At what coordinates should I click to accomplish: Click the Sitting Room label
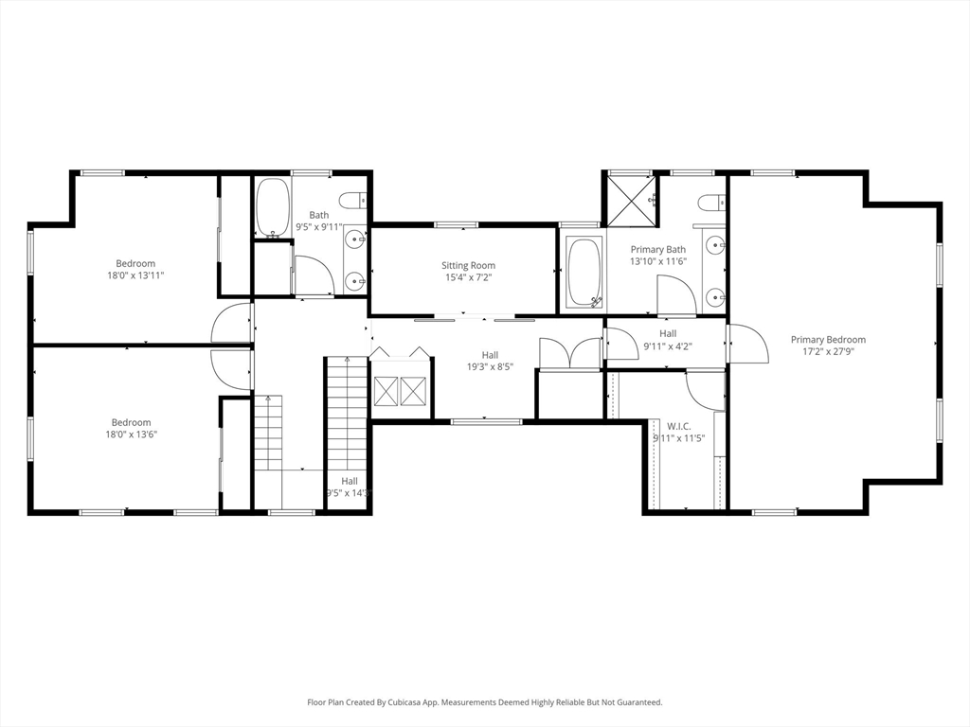tap(468, 266)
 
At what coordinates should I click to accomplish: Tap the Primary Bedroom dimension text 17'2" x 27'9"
tap(828, 352)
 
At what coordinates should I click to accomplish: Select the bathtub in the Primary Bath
tap(584, 273)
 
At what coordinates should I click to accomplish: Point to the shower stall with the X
tap(632, 201)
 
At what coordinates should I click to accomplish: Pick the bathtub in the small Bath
tap(272, 207)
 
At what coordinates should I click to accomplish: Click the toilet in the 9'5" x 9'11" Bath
tap(352, 201)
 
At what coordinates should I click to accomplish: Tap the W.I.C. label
tap(678, 427)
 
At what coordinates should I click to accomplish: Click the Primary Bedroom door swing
tap(747, 343)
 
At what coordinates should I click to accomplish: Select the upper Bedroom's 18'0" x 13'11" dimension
tap(135, 275)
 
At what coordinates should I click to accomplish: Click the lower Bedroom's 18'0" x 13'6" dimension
tap(131, 434)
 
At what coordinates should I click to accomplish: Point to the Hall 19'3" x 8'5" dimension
tap(490, 366)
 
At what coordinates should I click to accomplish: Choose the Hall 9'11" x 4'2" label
tap(668, 346)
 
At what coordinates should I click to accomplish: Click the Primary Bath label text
tap(658, 250)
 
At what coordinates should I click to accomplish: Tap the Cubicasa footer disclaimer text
tap(485, 702)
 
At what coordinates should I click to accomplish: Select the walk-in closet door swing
tap(705, 391)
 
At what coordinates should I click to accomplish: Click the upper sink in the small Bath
tap(355, 238)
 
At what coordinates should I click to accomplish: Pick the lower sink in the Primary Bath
tap(714, 298)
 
